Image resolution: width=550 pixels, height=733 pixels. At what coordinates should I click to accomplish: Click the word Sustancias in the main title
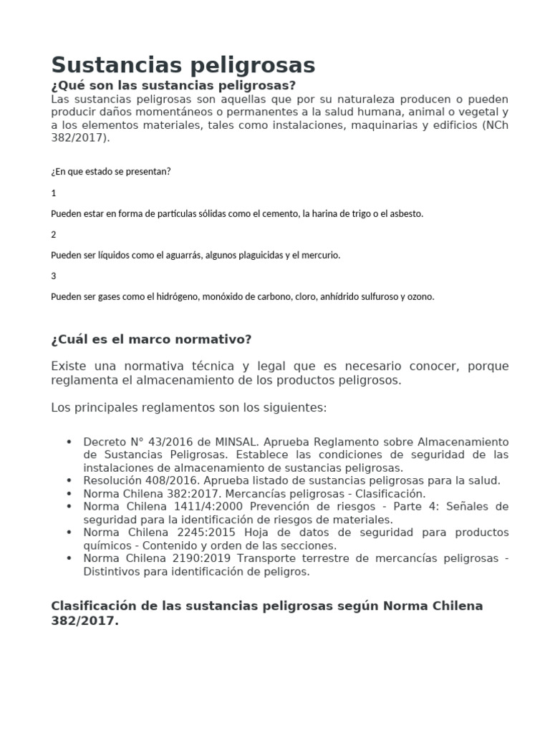(x=107, y=65)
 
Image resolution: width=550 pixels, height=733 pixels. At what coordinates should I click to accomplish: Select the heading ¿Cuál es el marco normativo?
(x=151, y=339)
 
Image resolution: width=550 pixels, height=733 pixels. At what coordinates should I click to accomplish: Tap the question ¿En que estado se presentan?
(x=110, y=172)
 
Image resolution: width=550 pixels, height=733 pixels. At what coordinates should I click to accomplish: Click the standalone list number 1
(x=54, y=193)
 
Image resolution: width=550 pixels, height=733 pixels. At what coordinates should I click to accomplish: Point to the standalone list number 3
(x=54, y=276)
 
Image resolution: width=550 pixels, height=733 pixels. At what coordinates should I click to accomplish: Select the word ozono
(x=420, y=296)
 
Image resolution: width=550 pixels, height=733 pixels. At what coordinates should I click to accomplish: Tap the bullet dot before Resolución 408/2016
(x=68, y=480)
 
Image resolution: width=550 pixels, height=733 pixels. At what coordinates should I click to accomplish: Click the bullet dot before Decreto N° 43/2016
(x=68, y=442)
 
